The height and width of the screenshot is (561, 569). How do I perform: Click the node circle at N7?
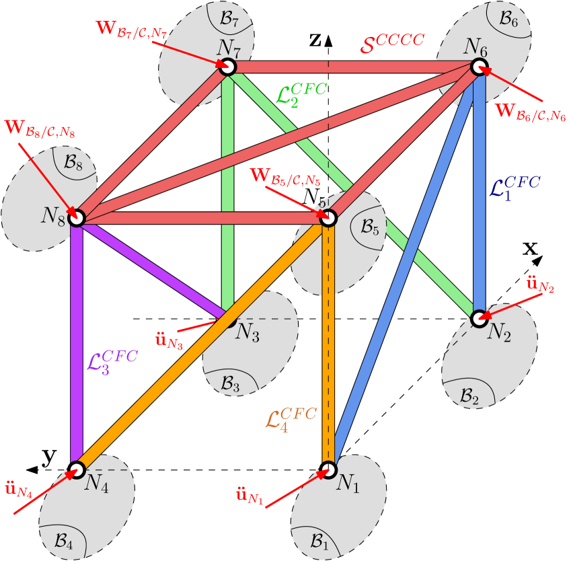click(227, 67)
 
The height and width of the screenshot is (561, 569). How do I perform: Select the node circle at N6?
click(479, 67)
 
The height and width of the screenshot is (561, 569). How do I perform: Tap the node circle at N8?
click(76, 217)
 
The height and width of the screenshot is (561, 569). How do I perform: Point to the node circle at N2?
click(479, 318)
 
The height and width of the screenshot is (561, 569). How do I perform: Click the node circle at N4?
click(77, 469)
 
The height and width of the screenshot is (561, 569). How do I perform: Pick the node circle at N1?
click(328, 469)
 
